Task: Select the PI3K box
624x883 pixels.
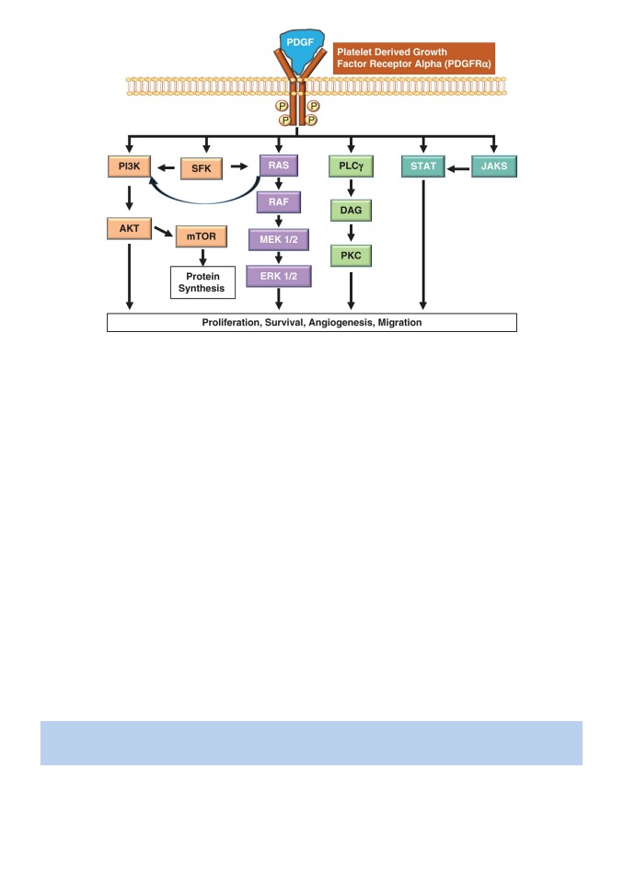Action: pos(130,166)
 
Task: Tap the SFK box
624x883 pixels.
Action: pos(202,168)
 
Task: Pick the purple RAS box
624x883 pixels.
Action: pos(279,166)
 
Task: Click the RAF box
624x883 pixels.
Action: pos(279,202)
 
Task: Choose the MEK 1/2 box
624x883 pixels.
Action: pos(279,239)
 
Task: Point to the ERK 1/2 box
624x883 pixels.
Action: pos(279,277)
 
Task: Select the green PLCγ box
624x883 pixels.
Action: pos(352,166)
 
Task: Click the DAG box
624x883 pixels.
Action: pos(351,210)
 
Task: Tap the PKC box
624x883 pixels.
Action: pos(351,256)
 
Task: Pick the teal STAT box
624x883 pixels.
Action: pos(423,166)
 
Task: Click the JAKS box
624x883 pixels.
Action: pos(494,166)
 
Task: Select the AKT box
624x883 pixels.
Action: pos(129,229)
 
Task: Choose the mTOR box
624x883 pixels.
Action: pos(202,236)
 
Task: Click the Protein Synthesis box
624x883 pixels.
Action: pos(202,282)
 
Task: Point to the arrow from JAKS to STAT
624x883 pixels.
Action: pos(458,168)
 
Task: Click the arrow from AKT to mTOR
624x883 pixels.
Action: pos(164,232)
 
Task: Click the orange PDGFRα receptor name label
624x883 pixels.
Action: pos(414,58)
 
